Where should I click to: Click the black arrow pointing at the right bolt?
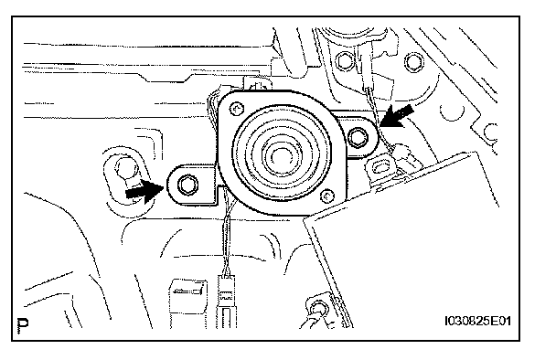[396, 116]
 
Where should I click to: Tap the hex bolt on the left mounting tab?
[187, 185]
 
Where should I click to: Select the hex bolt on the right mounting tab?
[358, 137]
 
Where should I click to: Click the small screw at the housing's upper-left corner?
[237, 109]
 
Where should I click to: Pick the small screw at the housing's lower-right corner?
[327, 196]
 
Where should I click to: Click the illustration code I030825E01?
[477, 321]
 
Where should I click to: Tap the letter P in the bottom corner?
[23, 325]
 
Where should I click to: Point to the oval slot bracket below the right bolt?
[380, 166]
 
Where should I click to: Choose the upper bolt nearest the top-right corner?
[413, 62]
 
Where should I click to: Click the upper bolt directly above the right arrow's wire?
[344, 61]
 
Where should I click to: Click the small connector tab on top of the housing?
[258, 85]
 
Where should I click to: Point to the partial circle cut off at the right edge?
[491, 132]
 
